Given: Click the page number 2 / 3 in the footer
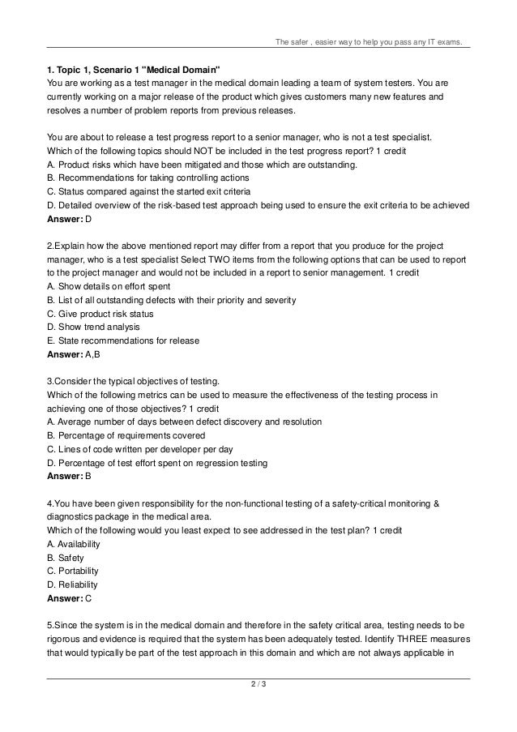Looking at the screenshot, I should coord(258,688).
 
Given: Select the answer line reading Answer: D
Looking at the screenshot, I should coord(70,220).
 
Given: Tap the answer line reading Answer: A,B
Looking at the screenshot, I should coord(74,353).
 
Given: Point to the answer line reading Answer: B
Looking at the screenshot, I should coord(70,476).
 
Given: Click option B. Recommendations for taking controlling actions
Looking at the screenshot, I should coord(148,178).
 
